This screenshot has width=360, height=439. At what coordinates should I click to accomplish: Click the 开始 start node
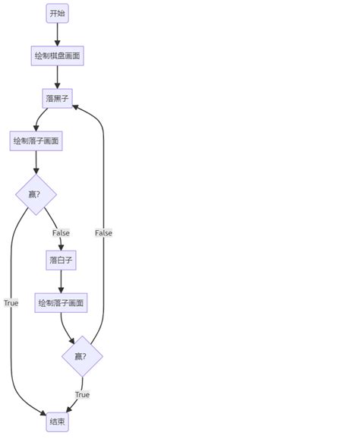[57, 13]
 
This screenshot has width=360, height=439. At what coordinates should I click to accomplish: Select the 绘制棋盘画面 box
[57, 55]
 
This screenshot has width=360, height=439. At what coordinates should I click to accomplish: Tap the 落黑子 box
[57, 98]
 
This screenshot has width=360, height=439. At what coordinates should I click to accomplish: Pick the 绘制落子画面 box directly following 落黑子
[36, 141]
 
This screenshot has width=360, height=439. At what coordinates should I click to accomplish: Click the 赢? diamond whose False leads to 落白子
[36, 194]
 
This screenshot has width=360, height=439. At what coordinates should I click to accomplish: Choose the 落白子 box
[61, 260]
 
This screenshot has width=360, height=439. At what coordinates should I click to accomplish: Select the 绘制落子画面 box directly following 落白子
[61, 303]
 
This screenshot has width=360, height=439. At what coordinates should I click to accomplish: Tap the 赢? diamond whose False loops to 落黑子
[82, 356]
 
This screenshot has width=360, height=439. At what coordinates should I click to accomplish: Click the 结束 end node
[57, 422]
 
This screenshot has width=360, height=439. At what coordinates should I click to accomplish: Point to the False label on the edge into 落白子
[61, 232]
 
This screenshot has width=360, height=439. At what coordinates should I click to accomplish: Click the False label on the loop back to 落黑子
[103, 232]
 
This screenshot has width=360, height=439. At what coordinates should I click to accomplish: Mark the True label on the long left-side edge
[11, 303]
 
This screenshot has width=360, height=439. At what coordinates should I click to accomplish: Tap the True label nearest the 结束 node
[82, 394]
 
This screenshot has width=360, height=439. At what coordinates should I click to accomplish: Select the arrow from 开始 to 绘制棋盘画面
[57, 34]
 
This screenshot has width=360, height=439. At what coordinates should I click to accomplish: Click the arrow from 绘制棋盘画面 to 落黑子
[57, 77]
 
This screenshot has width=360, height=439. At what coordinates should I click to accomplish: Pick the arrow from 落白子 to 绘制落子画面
[61, 282]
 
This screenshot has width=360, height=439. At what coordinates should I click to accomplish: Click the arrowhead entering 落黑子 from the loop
[76, 106]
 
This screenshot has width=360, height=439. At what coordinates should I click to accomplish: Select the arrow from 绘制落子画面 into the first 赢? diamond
[36, 163]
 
